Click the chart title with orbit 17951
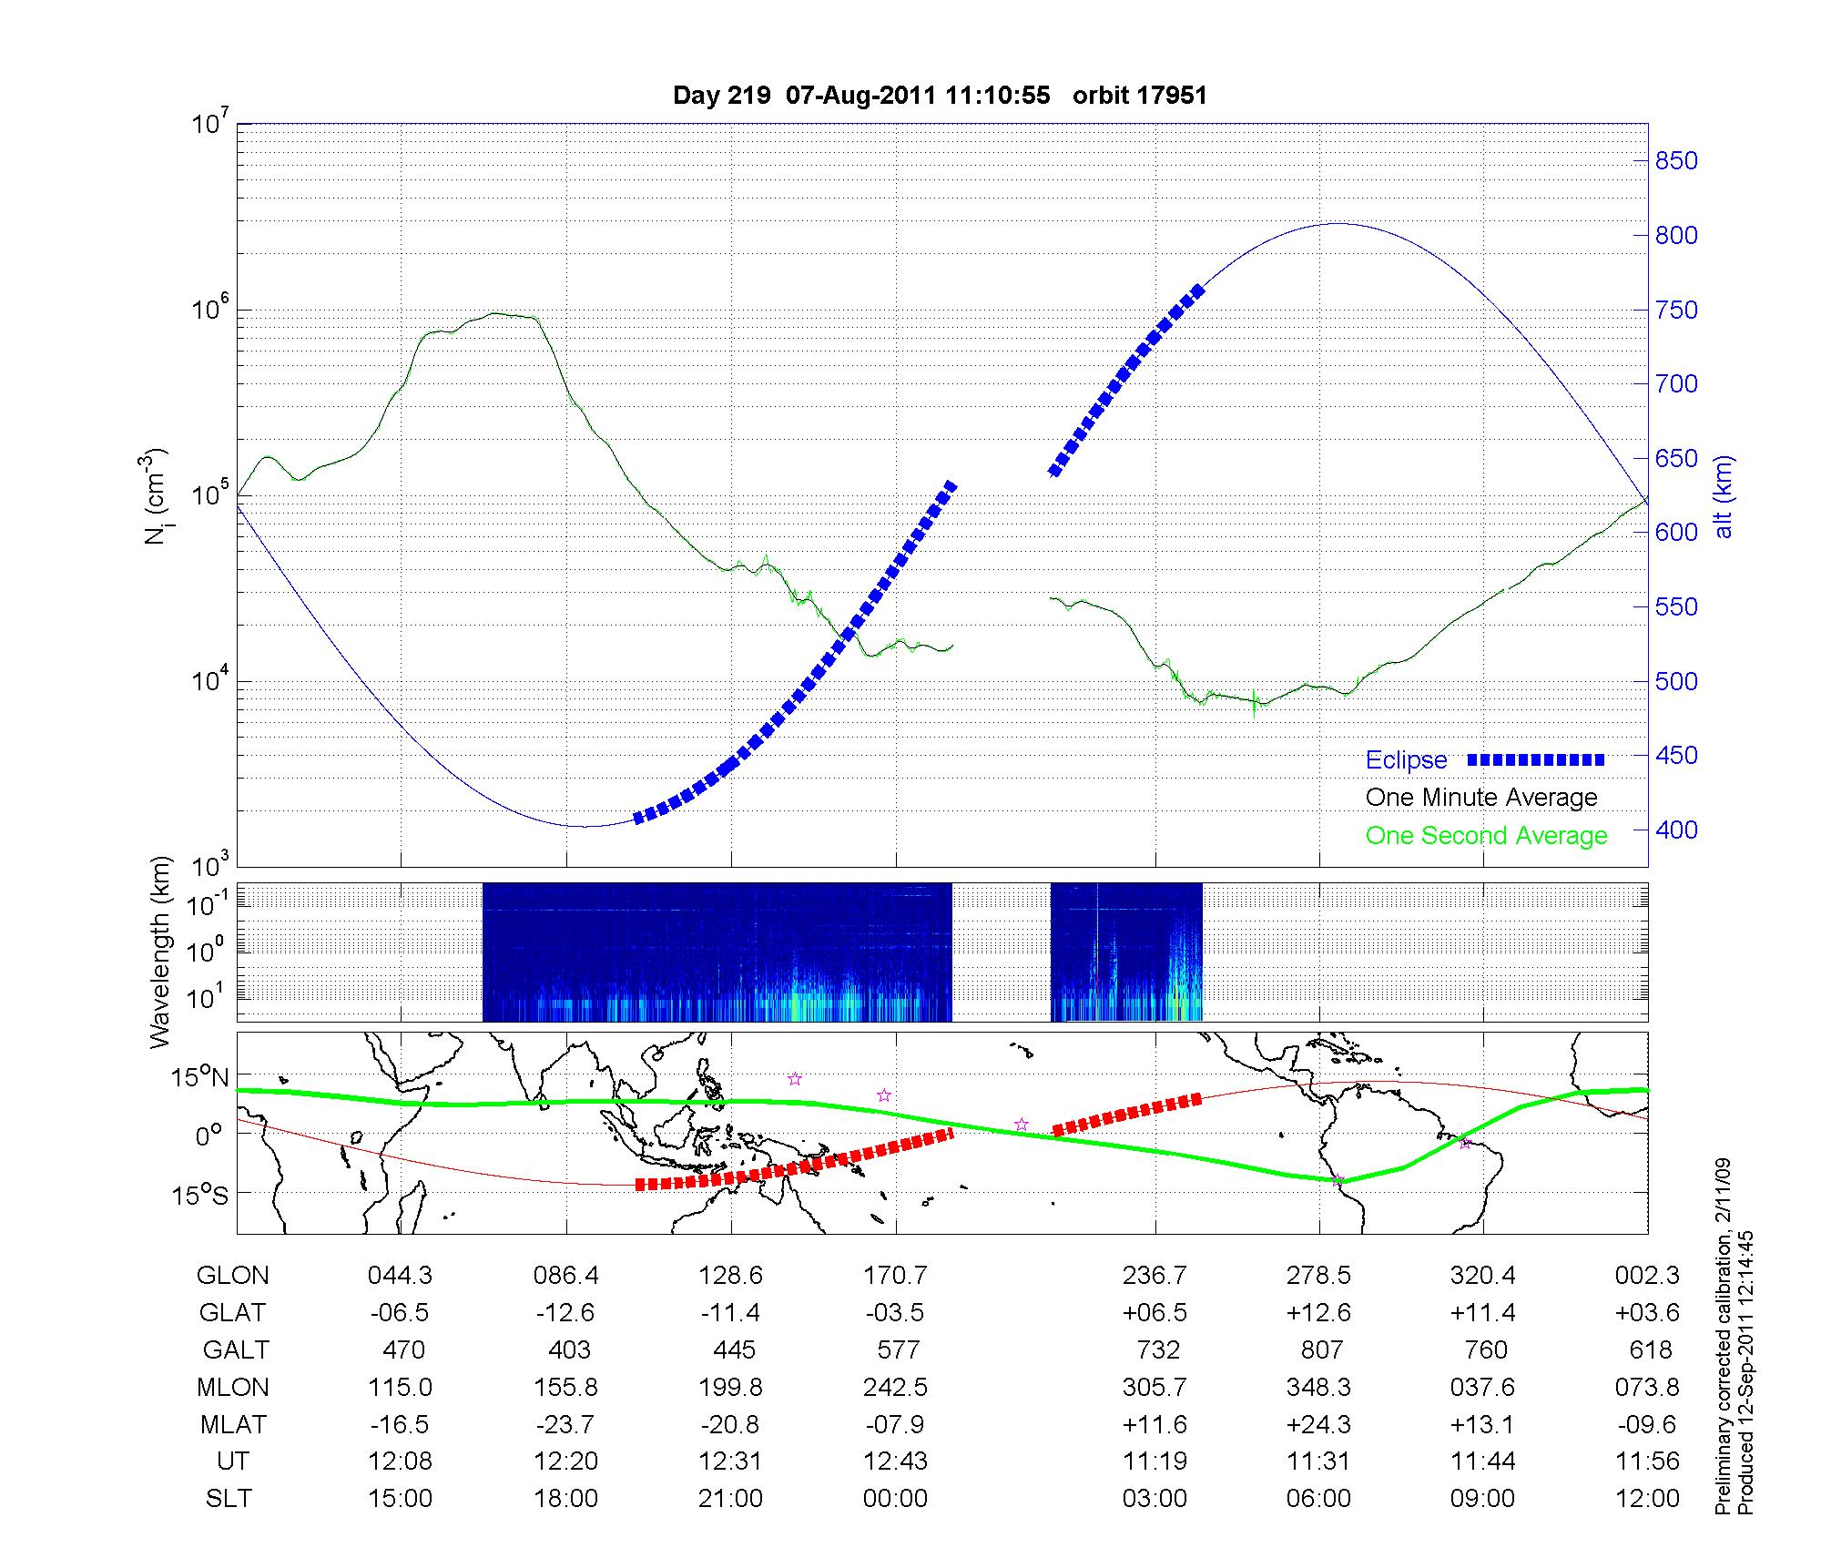[940, 96]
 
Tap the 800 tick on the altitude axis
[1676, 235]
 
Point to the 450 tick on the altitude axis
[1676, 756]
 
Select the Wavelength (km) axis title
[160, 952]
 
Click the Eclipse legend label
[1406, 760]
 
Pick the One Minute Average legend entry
[1481, 798]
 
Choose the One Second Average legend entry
[1486, 836]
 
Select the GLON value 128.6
[730, 1275]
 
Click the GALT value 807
[1322, 1349]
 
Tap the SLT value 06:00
[1318, 1499]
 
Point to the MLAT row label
[233, 1424]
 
